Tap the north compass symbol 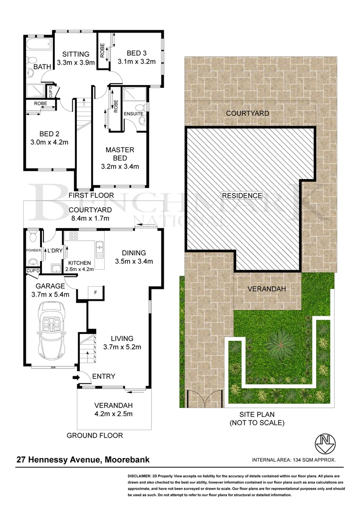325,443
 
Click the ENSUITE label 134,113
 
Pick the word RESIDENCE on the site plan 242,195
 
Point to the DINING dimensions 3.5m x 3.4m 133,261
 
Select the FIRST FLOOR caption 91,195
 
